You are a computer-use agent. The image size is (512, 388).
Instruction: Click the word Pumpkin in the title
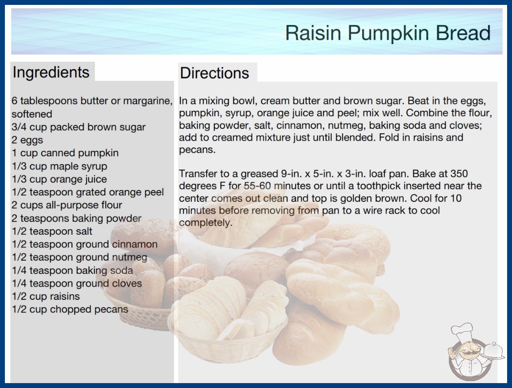[x=388, y=33]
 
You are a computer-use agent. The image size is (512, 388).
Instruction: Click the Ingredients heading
[x=51, y=73]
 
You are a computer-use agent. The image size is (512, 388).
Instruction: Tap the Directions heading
[x=214, y=73]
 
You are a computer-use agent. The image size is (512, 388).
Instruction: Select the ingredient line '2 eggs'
[x=27, y=140]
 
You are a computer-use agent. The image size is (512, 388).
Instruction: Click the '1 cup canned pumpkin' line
[x=65, y=153]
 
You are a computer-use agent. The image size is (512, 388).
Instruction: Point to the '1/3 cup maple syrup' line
[x=59, y=166]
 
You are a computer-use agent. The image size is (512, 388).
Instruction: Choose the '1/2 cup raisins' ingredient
[x=46, y=296]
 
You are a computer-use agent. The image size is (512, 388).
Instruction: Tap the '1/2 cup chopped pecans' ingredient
[x=70, y=309]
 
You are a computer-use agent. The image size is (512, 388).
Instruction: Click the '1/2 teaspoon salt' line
[x=52, y=231]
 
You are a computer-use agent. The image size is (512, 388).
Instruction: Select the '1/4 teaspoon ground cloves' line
[x=77, y=283]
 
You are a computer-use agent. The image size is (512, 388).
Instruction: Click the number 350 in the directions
[x=459, y=173]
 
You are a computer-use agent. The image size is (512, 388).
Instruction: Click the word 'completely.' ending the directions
[x=206, y=222]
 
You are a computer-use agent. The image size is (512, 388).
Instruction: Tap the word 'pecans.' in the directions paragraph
[x=197, y=150]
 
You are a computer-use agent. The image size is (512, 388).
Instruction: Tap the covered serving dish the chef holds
[x=493, y=351]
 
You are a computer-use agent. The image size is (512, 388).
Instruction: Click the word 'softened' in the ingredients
[x=32, y=114]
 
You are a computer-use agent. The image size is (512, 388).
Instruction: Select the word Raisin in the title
[x=313, y=33]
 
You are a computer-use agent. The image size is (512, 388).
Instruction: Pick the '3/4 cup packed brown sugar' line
[x=79, y=127]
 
